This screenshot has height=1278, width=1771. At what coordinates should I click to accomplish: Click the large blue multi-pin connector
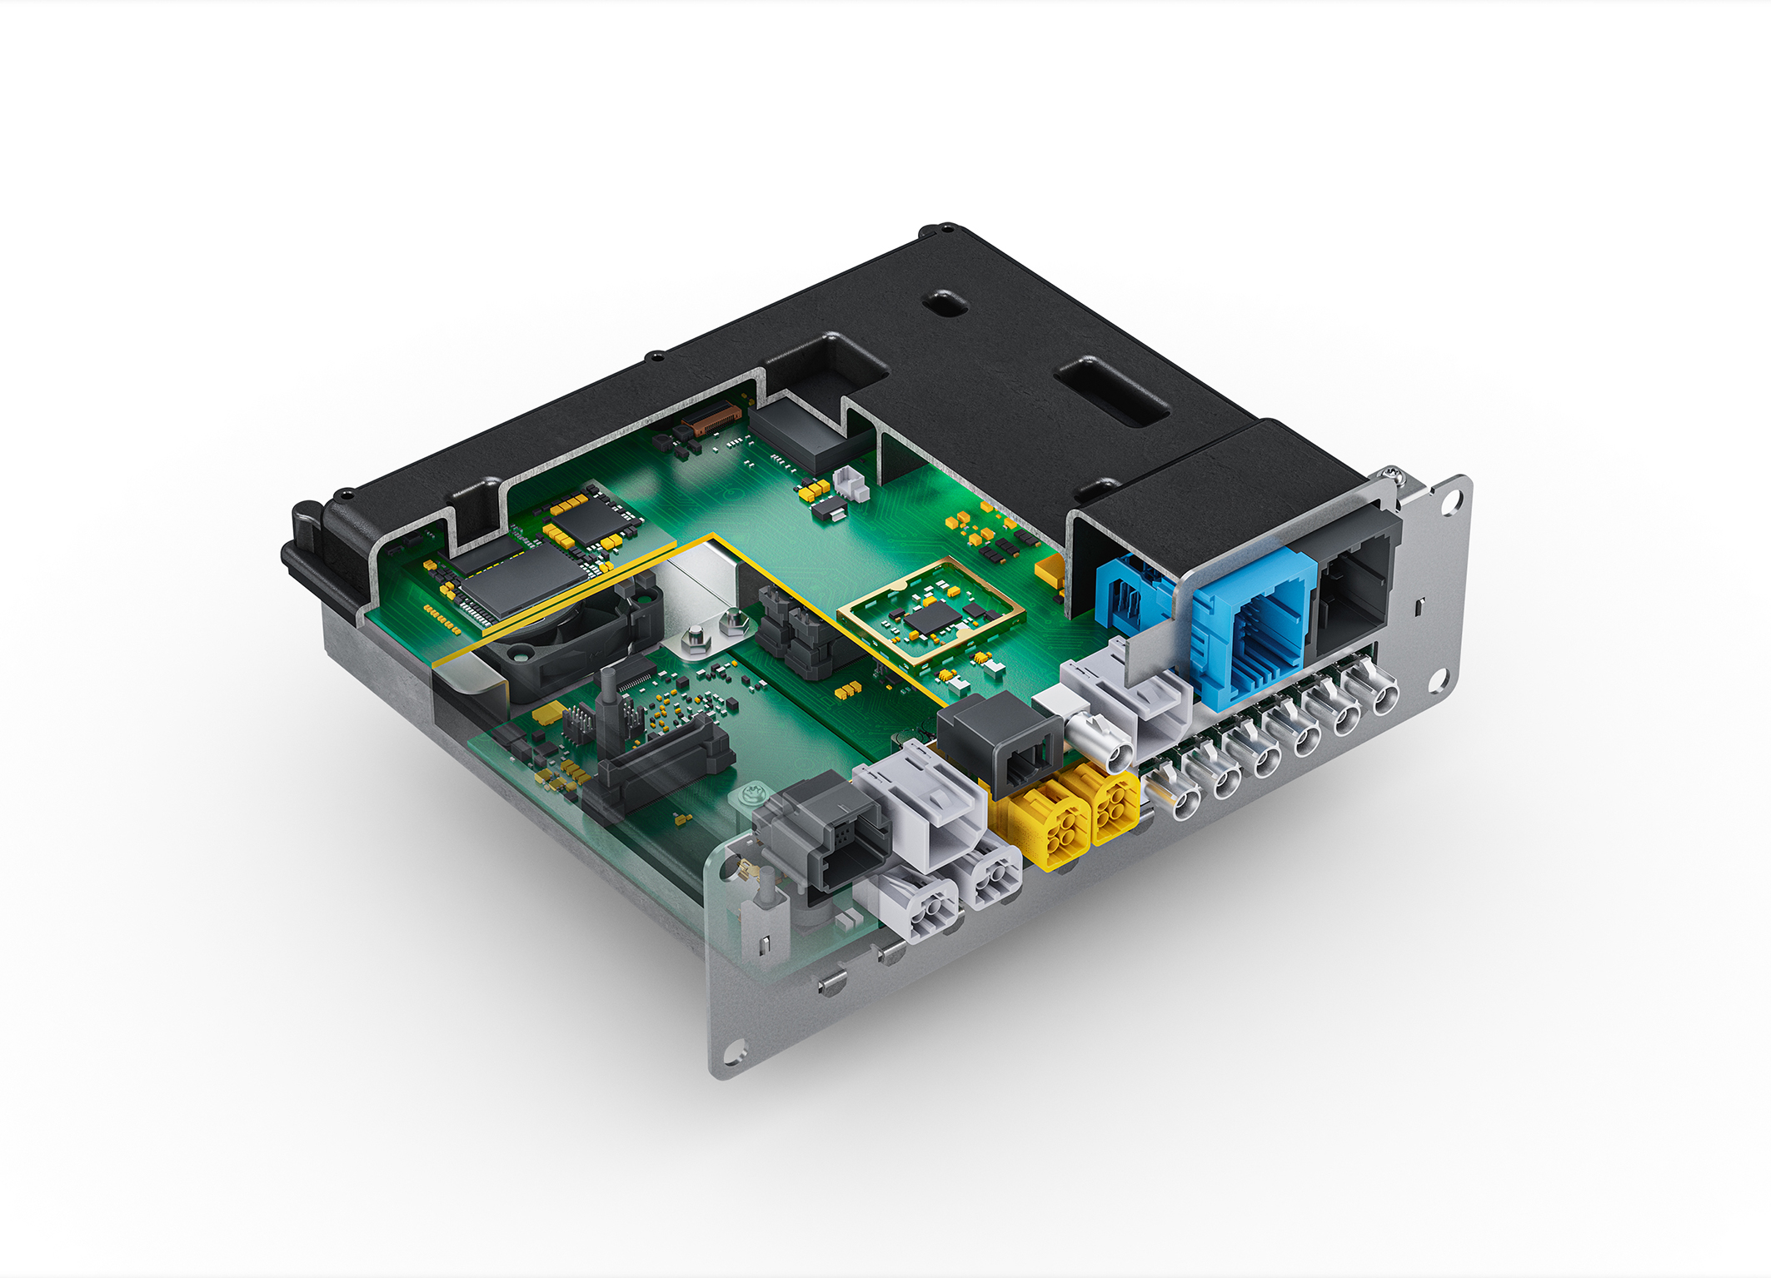point(1254,624)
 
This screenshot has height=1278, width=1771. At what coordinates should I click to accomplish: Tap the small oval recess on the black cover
point(945,303)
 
